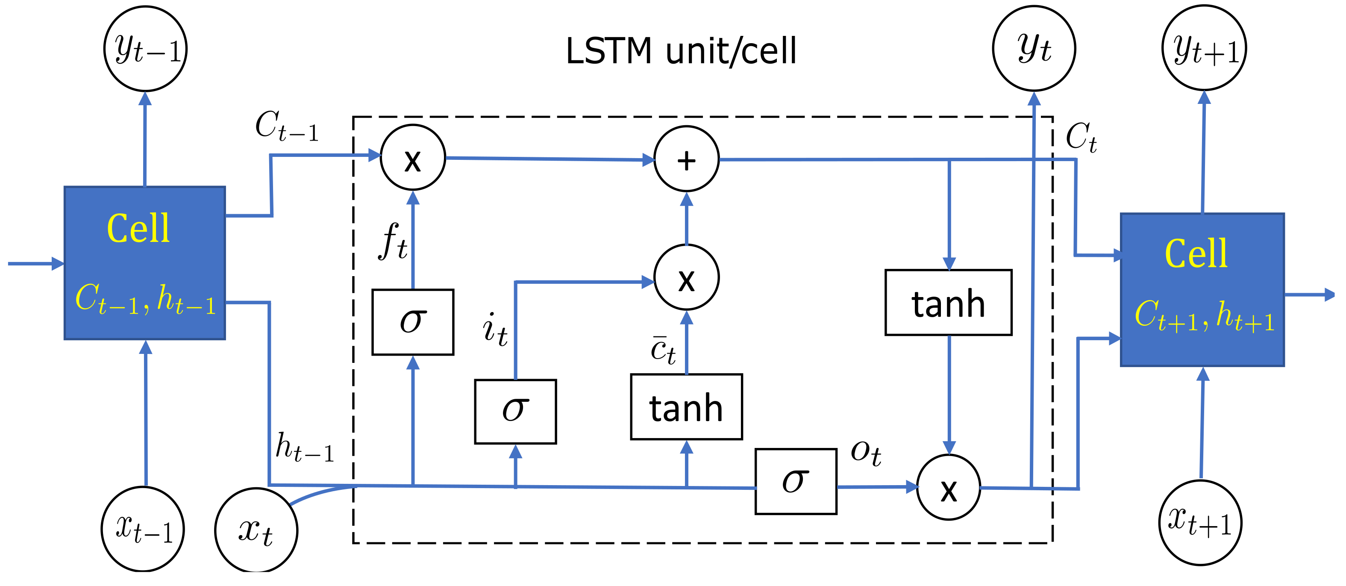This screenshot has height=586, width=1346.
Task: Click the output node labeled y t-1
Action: click(145, 49)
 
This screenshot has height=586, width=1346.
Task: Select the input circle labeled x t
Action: click(256, 530)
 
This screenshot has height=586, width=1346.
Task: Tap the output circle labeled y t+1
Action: click(1204, 48)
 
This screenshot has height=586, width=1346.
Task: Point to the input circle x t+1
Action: click(1200, 522)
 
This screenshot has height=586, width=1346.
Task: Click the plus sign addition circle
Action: click(687, 159)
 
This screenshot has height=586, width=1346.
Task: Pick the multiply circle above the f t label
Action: click(413, 157)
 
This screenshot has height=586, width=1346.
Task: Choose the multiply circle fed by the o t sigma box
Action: click(948, 487)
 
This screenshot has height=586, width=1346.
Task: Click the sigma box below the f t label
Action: click(413, 322)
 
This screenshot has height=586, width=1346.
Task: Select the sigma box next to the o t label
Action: click(796, 481)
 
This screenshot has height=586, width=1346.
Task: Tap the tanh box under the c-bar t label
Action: click(687, 407)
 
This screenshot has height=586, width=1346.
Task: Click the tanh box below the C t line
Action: click(948, 303)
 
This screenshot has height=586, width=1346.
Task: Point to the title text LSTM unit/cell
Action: click(681, 51)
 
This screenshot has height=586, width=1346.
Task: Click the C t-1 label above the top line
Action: click(287, 126)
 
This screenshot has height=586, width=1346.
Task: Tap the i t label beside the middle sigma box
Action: click(494, 329)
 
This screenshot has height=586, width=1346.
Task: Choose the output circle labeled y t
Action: click(1034, 49)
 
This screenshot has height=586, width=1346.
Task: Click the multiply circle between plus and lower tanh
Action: click(687, 277)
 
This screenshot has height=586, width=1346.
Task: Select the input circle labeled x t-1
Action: click(143, 528)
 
